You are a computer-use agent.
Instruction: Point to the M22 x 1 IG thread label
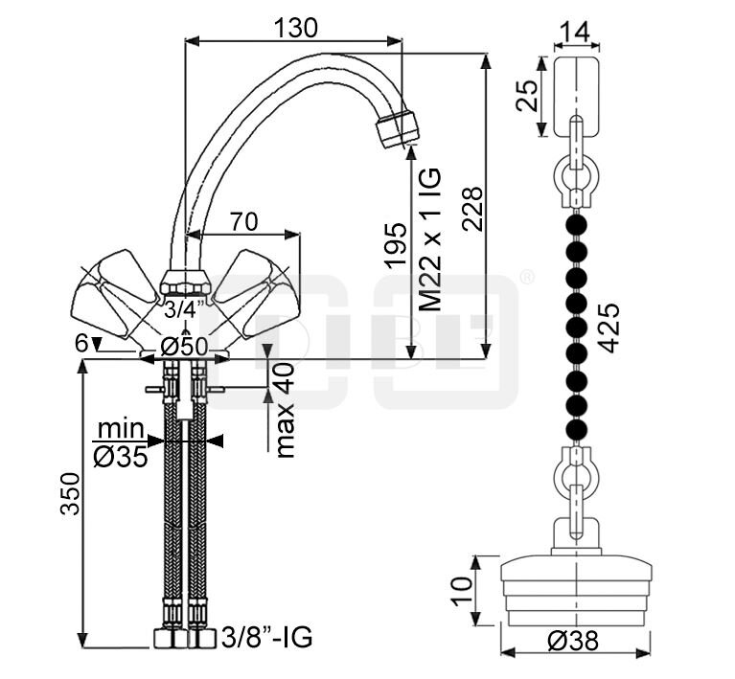click(x=429, y=239)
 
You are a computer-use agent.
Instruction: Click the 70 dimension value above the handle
click(x=243, y=221)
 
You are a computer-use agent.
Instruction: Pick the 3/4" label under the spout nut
click(x=184, y=309)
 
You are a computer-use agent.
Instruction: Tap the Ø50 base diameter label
click(x=184, y=347)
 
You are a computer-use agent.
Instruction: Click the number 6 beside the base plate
click(x=81, y=344)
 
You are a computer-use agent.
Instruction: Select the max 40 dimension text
click(x=285, y=410)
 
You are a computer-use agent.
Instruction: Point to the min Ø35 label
click(x=121, y=442)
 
